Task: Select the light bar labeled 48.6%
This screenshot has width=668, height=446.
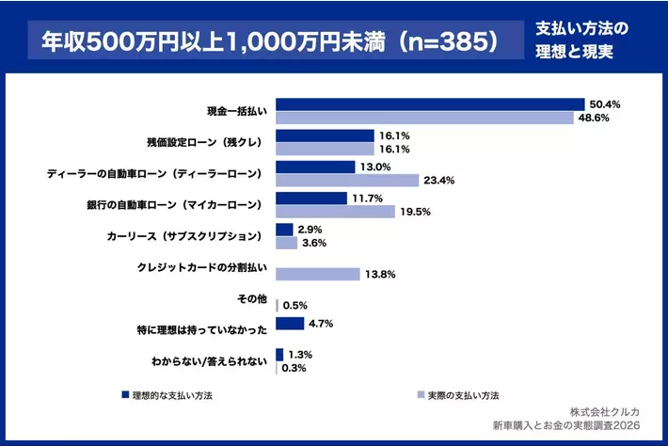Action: tap(423, 118)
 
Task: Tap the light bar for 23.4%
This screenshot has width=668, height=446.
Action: tap(347, 180)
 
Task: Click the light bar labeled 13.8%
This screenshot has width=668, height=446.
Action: tap(318, 274)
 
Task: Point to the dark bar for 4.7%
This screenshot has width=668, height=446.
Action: tap(290, 324)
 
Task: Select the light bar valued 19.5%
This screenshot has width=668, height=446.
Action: tap(335, 212)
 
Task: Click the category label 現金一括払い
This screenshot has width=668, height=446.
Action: tap(238, 111)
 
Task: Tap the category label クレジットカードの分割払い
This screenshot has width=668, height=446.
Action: tap(203, 267)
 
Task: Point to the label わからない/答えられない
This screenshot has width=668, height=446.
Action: tap(209, 360)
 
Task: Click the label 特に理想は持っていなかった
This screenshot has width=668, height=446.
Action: tap(203, 329)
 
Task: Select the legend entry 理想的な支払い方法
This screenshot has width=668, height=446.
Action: tap(172, 395)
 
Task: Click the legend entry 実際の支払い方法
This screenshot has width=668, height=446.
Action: tap(461, 395)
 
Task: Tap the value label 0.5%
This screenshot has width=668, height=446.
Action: tap(295, 306)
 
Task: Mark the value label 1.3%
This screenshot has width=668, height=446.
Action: tap(299, 355)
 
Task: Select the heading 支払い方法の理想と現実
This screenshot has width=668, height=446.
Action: tap(581, 42)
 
